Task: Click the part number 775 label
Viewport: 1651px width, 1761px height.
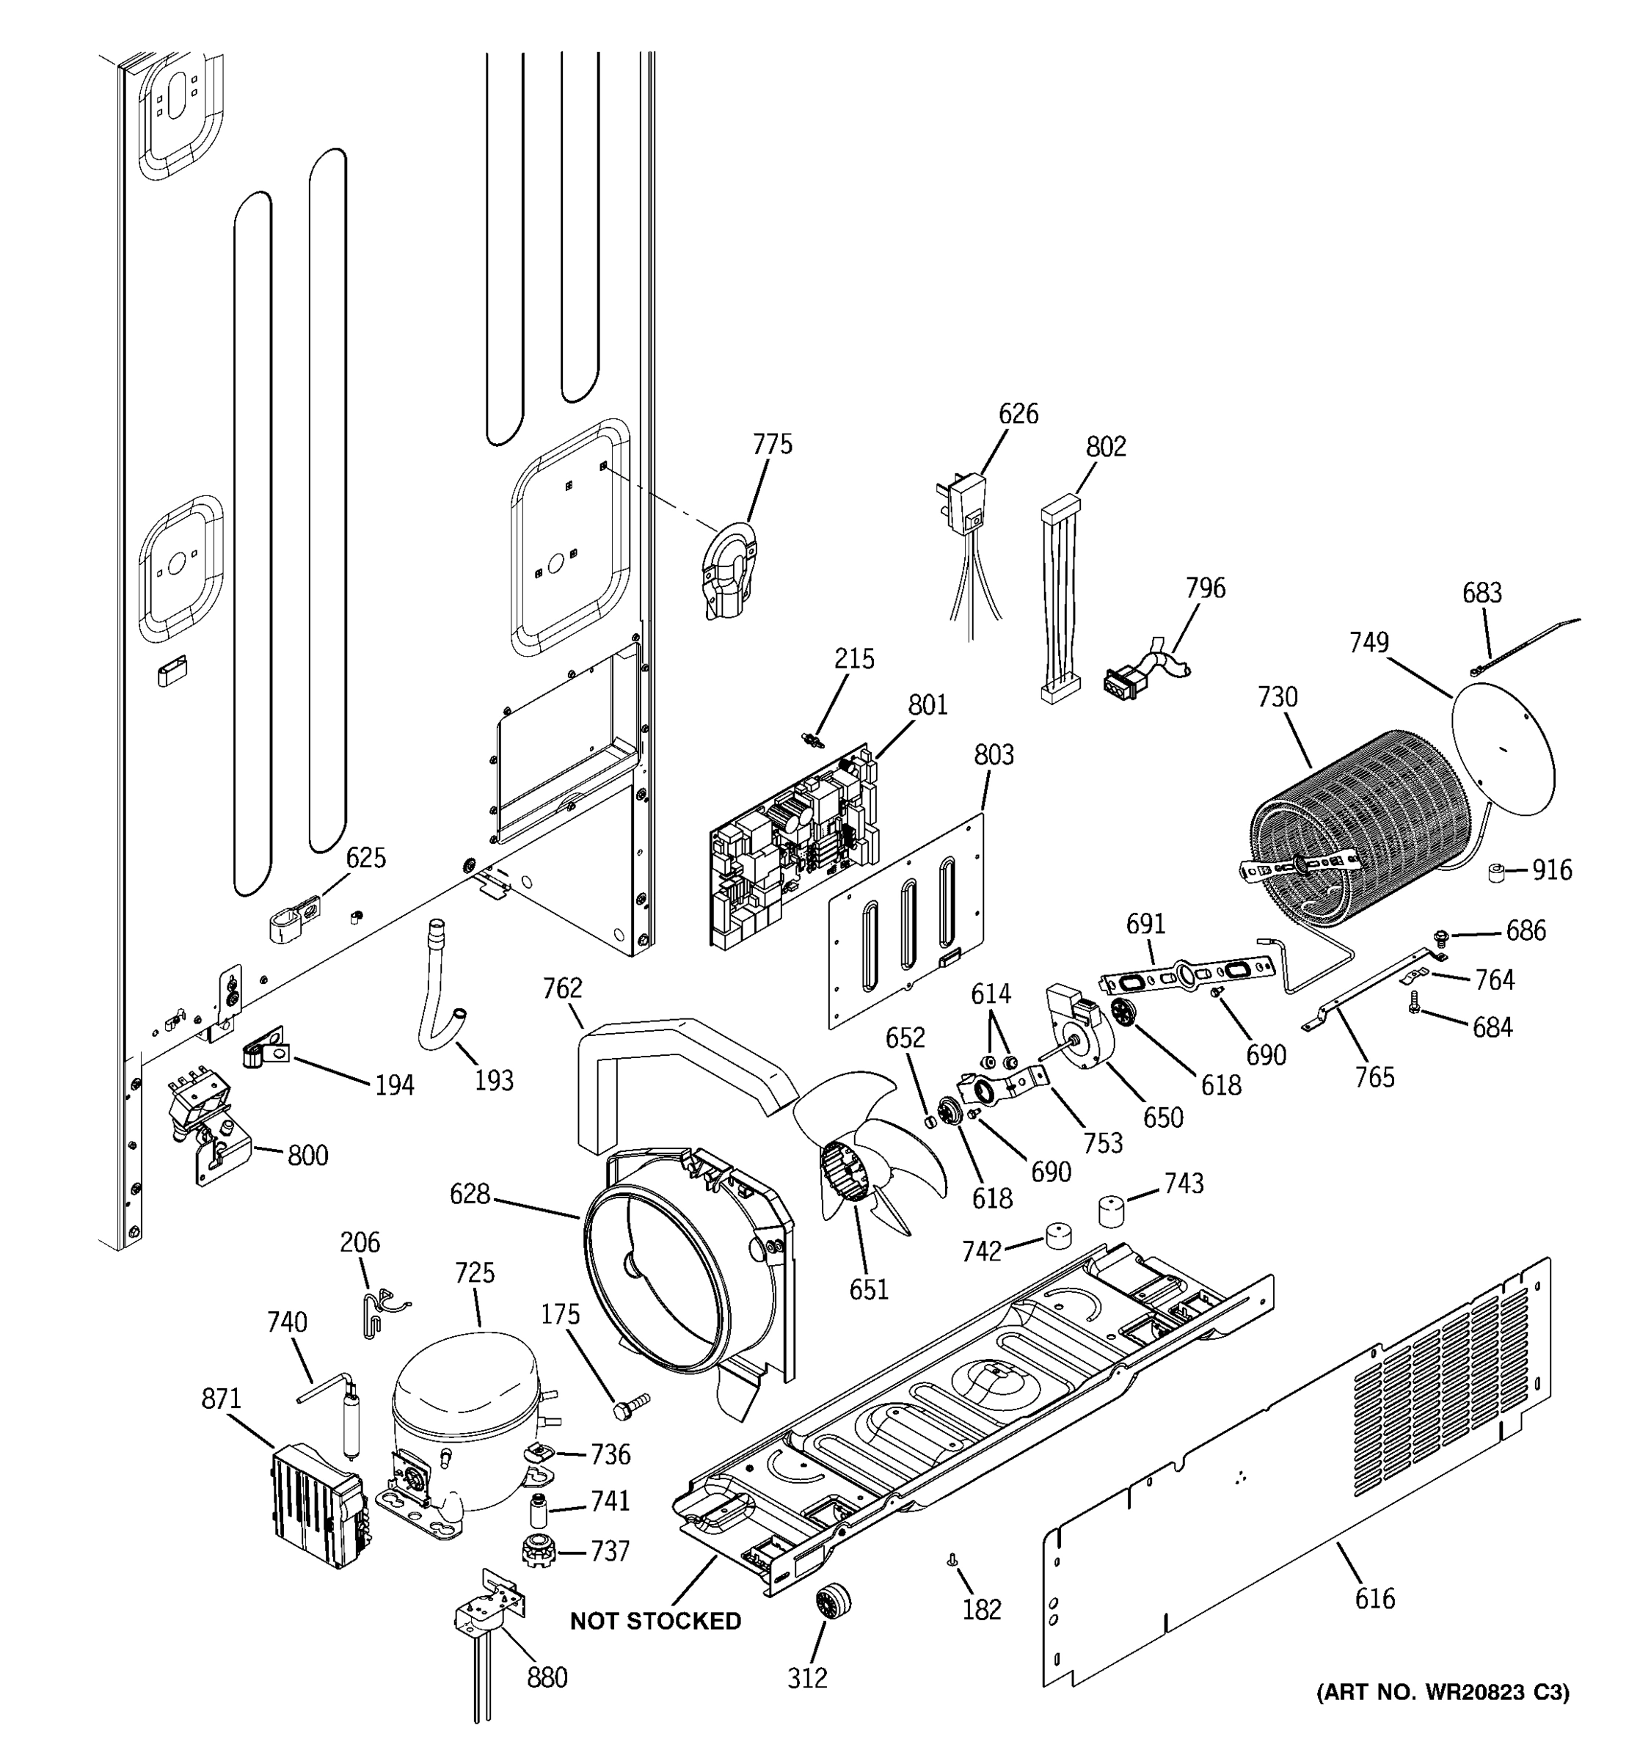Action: tap(773, 444)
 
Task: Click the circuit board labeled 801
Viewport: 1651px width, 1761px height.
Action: tap(795, 849)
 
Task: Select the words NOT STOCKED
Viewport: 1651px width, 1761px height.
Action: tap(655, 1621)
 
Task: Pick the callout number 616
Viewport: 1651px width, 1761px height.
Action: tap(1374, 1598)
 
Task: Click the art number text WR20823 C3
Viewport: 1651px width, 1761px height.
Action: tap(1497, 1693)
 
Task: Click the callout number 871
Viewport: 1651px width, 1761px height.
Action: tap(222, 1399)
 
